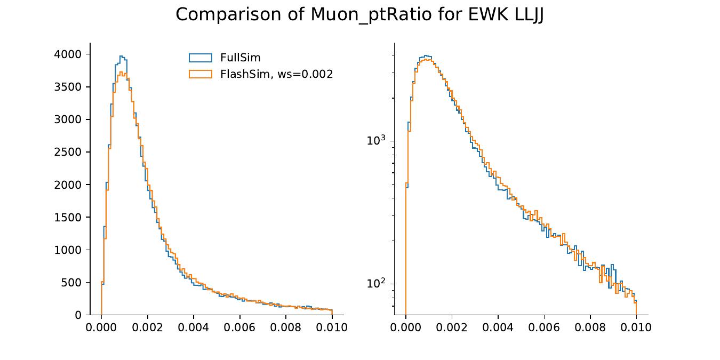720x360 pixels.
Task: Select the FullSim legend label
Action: point(240,58)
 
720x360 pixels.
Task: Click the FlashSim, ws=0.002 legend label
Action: point(276,74)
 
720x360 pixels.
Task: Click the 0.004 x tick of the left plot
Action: point(194,327)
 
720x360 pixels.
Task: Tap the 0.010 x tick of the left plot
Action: point(332,327)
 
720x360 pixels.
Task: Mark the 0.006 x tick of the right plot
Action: point(544,327)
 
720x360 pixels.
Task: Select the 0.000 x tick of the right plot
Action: point(406,327)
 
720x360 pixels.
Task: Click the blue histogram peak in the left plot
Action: point(122,57)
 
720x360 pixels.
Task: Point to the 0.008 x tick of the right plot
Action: point(590,327)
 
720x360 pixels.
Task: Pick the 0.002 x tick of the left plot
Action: point(147,327)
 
